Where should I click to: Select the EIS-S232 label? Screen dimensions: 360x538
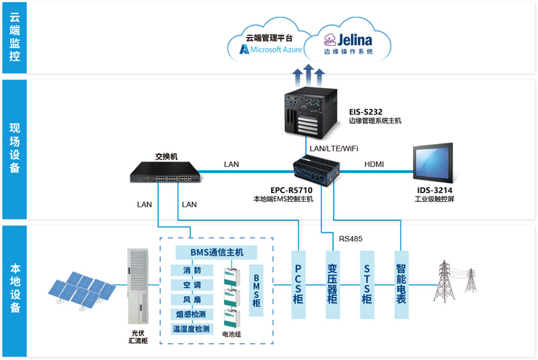click(367, 110)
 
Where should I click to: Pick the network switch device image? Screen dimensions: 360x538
click(165, 173)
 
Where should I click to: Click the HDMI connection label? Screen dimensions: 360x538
click(375, 164)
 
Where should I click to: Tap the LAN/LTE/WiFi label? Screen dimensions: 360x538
click(334, 148)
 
